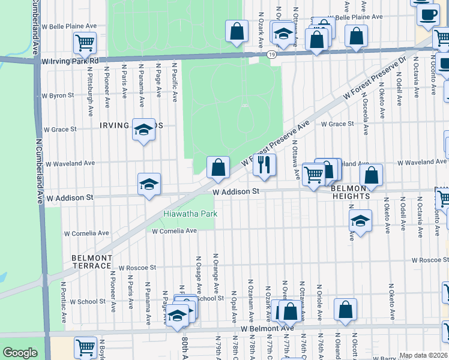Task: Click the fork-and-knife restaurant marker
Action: pos(264,164)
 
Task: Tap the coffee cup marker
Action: pos(427,14)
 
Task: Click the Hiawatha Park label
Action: pos(190,214)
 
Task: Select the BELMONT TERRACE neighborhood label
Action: pos(92,262)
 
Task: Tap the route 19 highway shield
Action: pos(273,55)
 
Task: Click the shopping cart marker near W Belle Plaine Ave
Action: pos(85,42)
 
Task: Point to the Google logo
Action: pos(20,353)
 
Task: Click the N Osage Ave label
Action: pos(198,276)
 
